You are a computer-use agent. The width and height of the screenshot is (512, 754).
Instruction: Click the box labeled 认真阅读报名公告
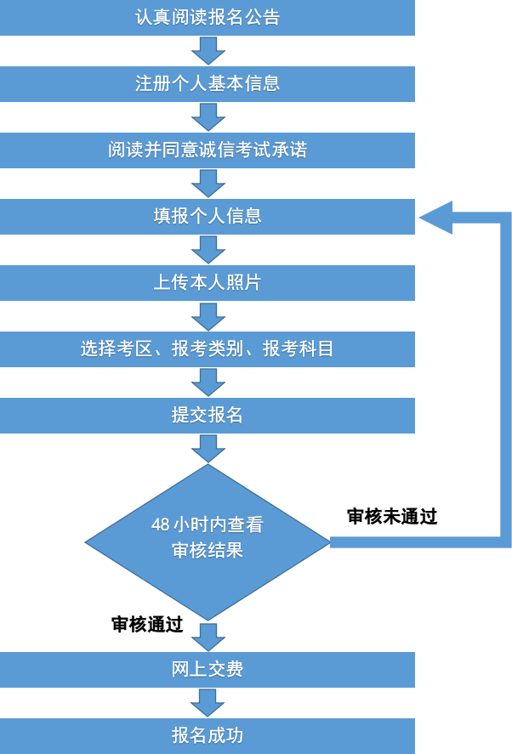tap(208, 18)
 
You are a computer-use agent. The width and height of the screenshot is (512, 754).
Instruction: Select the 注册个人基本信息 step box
tap(208, 83)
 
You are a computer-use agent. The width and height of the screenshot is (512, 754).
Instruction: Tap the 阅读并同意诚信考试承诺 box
tap(208, 150)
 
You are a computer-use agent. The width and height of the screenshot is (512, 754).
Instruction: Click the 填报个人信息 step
tap(208, 217)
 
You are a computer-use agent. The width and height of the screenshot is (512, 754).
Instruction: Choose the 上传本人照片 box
tap(208, 283)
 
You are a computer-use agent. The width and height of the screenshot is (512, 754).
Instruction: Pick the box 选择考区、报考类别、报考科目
tap(208, 349)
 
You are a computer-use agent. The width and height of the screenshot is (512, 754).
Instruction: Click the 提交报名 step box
tap(208, 416)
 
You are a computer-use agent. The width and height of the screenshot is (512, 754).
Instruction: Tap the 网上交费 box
tap(208, 670)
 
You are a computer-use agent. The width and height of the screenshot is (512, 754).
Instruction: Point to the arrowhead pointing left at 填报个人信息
tap(436, 218)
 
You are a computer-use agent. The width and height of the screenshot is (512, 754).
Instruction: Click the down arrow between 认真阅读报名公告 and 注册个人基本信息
tap(208, 51)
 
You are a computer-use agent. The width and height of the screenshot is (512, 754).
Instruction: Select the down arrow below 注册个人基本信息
tap(208, 117)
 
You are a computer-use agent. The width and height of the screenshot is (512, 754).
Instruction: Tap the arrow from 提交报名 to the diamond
tap(208, 448)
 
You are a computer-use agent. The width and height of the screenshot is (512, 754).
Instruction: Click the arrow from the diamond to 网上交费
tap(208, 636)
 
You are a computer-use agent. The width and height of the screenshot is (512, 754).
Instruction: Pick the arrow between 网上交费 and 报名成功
tap(208, 703)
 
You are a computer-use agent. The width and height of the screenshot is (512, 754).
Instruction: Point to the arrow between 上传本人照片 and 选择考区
tap(208, 316)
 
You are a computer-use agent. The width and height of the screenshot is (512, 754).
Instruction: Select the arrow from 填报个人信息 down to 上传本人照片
tap(208, 250)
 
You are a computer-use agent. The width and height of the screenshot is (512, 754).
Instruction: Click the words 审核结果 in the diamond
tap(208, 551)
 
